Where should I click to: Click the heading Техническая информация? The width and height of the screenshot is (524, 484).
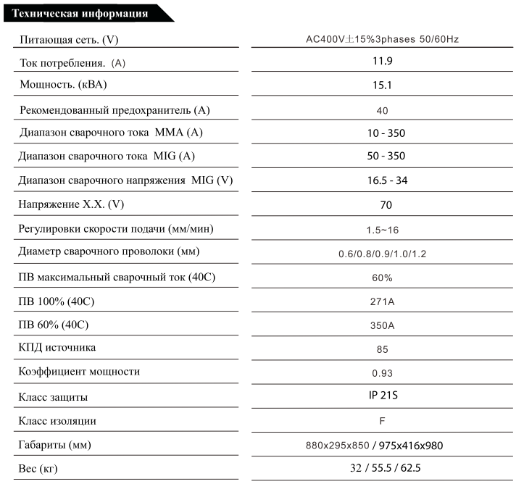(81, 13)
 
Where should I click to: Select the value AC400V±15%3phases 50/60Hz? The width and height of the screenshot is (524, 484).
(382, 38)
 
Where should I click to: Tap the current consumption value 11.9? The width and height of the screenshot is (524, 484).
(382, 61)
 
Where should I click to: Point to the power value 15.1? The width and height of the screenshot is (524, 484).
(382, 85)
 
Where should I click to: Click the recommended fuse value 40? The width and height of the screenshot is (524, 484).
(383, 110)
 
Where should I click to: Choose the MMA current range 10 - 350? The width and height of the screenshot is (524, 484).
(382, 133)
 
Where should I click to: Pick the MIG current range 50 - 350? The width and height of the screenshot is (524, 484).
(382, 156)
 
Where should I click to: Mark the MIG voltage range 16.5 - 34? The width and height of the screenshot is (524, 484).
(382, 180)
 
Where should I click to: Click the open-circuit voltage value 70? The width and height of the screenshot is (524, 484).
(382, 205)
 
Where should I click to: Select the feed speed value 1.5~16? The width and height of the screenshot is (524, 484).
(383, 230)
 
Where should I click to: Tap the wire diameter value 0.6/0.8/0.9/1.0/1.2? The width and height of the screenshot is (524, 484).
(382, 254)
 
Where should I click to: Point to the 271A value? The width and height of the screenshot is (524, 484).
(382, 301)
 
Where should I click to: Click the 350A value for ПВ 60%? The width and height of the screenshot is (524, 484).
(382, 325)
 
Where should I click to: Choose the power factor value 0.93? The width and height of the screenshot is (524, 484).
(382, 373)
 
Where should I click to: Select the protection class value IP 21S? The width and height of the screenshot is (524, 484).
(382, 396)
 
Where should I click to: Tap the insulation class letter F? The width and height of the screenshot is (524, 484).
(382, 421)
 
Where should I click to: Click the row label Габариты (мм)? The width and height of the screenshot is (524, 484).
(56, 444)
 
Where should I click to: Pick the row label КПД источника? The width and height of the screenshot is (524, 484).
(57, 349)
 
